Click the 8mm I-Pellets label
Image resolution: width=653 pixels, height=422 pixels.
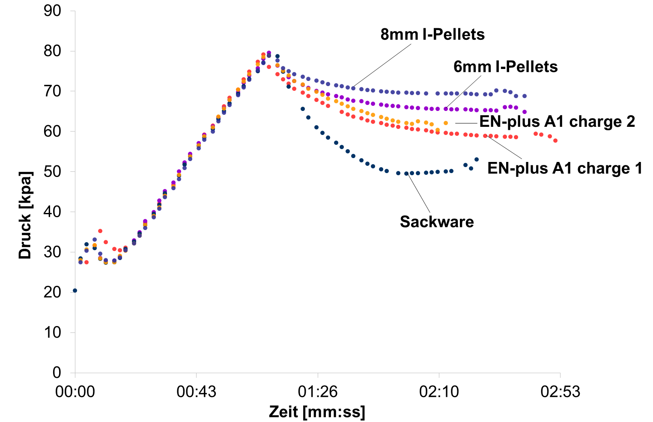pos(432,34)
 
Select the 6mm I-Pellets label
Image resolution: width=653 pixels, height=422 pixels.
pos(505,67)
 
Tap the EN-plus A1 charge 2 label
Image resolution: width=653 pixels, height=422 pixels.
pos(557,122)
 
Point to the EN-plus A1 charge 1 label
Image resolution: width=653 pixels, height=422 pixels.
pos(565,168)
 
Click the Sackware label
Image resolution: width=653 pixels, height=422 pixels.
pos(437,222)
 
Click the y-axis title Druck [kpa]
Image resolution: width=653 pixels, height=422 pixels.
pos(25,215)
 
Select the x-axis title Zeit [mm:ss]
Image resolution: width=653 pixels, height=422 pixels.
pos(317,412)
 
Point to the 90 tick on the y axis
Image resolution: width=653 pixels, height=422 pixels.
pos(53,11)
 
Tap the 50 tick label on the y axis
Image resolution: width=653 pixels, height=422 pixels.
pos(53,172)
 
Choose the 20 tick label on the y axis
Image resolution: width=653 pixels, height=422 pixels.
pos(53,292)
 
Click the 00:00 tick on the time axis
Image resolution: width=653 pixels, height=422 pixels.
pos(75,392)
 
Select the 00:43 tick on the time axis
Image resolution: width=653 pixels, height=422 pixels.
pos(196,392)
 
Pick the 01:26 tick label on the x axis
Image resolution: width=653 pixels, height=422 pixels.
pos(317,392)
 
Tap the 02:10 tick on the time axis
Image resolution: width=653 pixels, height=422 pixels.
pos(439,392)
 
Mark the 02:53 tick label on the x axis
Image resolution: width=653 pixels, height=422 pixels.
pos(560,392)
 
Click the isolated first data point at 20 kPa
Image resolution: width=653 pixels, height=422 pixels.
pos(75,290)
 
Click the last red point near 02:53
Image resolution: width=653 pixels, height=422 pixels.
pos(555,141)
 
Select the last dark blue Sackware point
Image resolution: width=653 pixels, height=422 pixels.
pos(477,159)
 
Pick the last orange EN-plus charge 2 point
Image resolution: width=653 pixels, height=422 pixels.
pos(446,123)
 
